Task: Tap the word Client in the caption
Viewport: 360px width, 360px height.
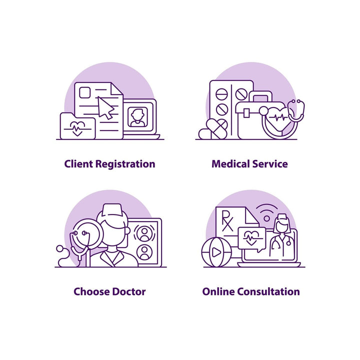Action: (78, 164)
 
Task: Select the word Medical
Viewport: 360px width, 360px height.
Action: (230, 164)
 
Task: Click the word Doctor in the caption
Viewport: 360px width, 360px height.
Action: (129, 291)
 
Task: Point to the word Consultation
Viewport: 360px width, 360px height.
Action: (268, 291)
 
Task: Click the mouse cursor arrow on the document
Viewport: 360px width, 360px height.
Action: (105, 108)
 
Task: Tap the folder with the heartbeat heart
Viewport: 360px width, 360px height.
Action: (77, 126)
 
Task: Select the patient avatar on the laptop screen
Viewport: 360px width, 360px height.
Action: (137, 117)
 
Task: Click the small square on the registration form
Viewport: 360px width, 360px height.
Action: (84, 92)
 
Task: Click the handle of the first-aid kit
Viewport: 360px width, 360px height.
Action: (260, 96)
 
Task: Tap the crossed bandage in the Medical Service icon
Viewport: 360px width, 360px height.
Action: (217, 129)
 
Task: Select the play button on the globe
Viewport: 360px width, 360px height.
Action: (216, 252)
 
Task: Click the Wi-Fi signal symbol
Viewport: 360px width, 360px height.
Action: (267, 212)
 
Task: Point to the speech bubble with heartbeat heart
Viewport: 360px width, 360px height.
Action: (252, 239)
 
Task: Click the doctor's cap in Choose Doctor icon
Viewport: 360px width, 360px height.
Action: (112, 209)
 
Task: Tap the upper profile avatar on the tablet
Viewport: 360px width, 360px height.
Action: (144, 233)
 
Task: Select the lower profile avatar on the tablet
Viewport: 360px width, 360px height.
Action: (144, 252)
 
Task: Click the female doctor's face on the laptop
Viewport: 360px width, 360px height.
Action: (281, 226)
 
